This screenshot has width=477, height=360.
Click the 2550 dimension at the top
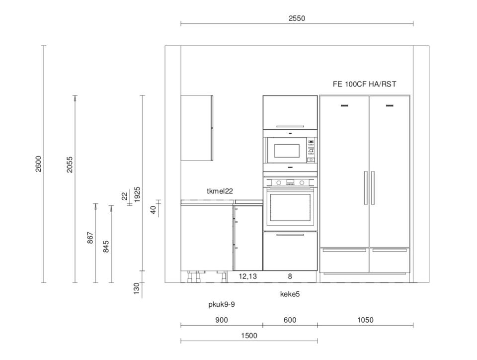tap(297, 18)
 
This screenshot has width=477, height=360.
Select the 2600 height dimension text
tap(39, 164)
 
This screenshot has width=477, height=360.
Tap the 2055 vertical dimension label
tap(70, 165)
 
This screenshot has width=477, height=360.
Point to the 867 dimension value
tap(90, 238)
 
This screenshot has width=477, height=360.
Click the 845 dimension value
tap(106, 247)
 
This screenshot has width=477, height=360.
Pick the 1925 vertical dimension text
tap(138, 194)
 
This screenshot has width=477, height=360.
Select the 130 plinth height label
tap(137, 288)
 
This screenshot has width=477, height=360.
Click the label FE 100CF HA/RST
tap(364, 85)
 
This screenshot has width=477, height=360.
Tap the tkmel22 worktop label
tap(220, 191)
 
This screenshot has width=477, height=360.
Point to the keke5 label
tap(290, 294)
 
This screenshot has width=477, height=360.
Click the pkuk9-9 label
tap(222, 304)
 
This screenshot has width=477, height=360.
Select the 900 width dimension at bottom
tap(222, 320)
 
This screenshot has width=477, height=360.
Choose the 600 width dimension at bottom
tap(290, 320)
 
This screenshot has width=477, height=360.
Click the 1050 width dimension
tap(365, 320)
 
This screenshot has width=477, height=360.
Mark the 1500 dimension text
tap(249, 336)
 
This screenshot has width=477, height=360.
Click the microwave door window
tap(287, 151)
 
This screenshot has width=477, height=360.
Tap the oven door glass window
tap(290, 207)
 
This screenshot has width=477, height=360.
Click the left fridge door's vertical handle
tap(366, 188)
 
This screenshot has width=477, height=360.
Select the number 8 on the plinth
tap(290, 276)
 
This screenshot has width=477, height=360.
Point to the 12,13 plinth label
tap(247, 276)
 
